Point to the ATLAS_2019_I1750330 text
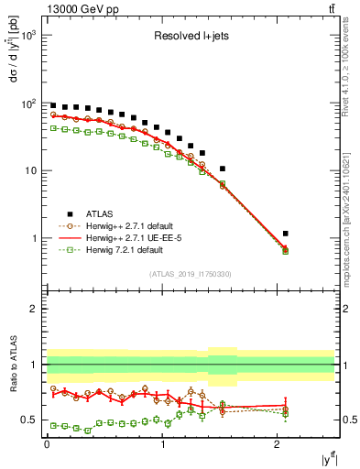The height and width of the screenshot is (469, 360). click(x=190, y=273)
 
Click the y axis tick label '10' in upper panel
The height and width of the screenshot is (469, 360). click(x=29, y=170)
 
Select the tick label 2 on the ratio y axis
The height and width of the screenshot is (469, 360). click(x=34, y=309)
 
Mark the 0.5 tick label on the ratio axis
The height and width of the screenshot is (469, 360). click(x=29, y=420)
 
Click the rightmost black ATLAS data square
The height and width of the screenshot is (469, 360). click(x=286, y=234)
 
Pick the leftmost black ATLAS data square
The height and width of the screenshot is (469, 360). click(x=53, y=105)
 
